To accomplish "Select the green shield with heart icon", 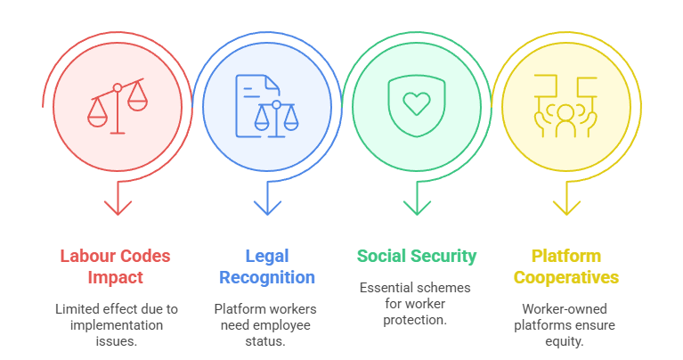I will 416,104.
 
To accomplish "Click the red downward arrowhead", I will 118,207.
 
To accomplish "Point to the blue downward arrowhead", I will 267,207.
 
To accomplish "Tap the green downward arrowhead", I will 416,207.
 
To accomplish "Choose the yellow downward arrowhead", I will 565,207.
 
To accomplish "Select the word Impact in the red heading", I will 116,277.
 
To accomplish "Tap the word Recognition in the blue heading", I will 267,277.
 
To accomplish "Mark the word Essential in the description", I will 386,288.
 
